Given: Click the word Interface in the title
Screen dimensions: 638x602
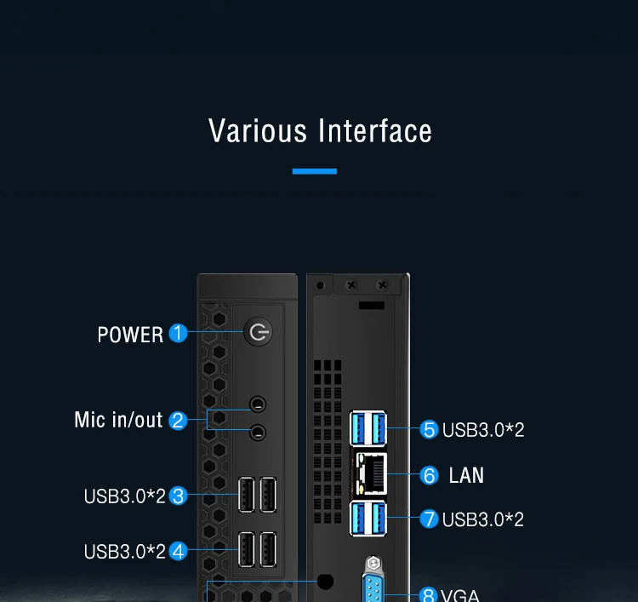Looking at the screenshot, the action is [x=375, y=131].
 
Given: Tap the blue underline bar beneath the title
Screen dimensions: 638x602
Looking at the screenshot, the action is [x=315, y=171].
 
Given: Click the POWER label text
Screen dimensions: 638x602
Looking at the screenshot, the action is [x=130, y=335].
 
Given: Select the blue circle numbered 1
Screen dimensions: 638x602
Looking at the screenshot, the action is [x=178, y=333].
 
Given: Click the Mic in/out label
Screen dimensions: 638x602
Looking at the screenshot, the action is [x=118, y=420].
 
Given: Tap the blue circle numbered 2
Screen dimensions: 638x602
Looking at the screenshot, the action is [x=178, y=420].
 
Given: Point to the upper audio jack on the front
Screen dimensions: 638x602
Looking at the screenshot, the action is [x=257, y=404].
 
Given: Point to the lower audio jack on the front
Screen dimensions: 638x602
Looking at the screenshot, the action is [x=257, y=433].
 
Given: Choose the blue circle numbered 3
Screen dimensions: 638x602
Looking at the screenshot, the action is [x=178, y=496].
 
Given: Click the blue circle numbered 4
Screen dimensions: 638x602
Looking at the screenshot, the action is [x=178, y=551].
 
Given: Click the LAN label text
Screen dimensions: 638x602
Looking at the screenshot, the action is [x=466, y=475].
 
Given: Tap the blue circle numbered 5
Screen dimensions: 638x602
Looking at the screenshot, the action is [x=430, y=429].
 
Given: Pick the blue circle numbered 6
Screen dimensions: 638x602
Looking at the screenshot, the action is [x=430, y=475].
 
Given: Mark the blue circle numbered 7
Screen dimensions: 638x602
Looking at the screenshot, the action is [x=430, y=519].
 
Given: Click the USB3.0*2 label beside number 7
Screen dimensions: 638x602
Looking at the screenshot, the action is [x=483, y=519].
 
